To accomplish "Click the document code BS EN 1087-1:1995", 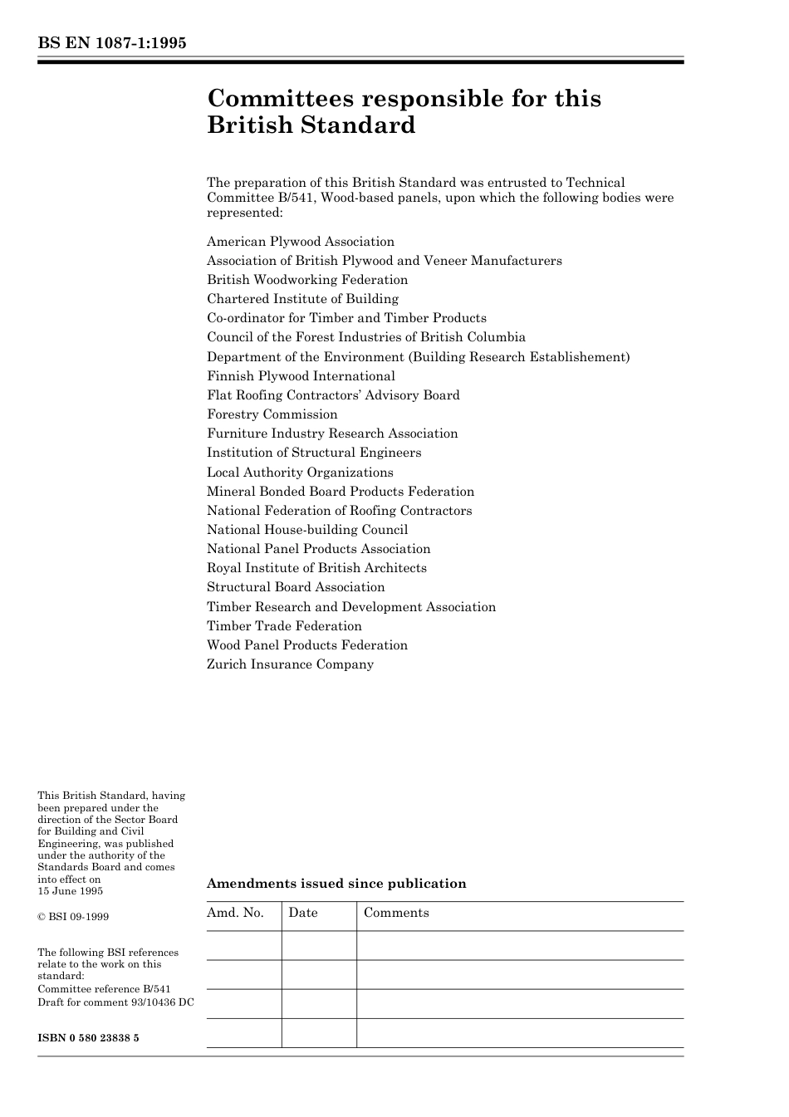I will pos(112,43).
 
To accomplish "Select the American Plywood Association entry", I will pos(301,242).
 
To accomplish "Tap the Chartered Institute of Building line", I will pos(302,299).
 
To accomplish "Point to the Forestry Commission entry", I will pos(272,414).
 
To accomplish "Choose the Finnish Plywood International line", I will pos(301,376).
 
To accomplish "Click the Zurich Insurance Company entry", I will pos(290,664).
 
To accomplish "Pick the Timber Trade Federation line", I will pos(284,626).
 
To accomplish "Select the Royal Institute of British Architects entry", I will pos(316,568).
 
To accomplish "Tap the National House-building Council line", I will pos(307,530).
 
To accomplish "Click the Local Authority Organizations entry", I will pos(300,473).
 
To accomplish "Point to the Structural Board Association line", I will pos(296,587).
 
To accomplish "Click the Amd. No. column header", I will pos(235,913).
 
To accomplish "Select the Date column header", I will pos(303,913).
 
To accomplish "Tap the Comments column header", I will pos(396,913).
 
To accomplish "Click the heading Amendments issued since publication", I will pos(336,884).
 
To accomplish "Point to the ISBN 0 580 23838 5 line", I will pos(88,1038).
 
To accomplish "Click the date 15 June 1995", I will pos(71,891).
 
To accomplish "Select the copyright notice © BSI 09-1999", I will pos(73,917).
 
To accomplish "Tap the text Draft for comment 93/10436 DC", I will pos(115,1002).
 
